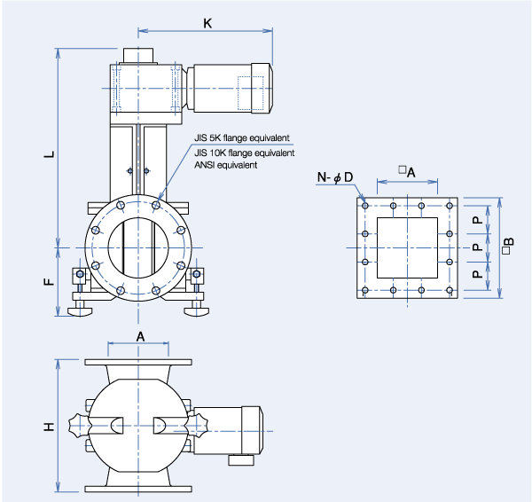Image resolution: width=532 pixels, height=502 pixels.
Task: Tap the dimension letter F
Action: (x=50, y=282)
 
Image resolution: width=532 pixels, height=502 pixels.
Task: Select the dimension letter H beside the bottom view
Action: (x=50, y=427)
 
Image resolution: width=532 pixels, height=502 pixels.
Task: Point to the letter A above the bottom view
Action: (x=141, y=335)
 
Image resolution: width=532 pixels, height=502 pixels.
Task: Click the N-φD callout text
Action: (x=335, y=178)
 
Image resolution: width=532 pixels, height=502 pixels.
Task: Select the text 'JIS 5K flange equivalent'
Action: (x=241, y=138)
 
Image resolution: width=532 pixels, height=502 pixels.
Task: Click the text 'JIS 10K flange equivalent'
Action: (x=244, y=153)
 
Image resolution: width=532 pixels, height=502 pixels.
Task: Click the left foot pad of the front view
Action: (x=78, y=310)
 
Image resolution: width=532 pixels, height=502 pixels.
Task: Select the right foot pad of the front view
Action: (x=197, y=310)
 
